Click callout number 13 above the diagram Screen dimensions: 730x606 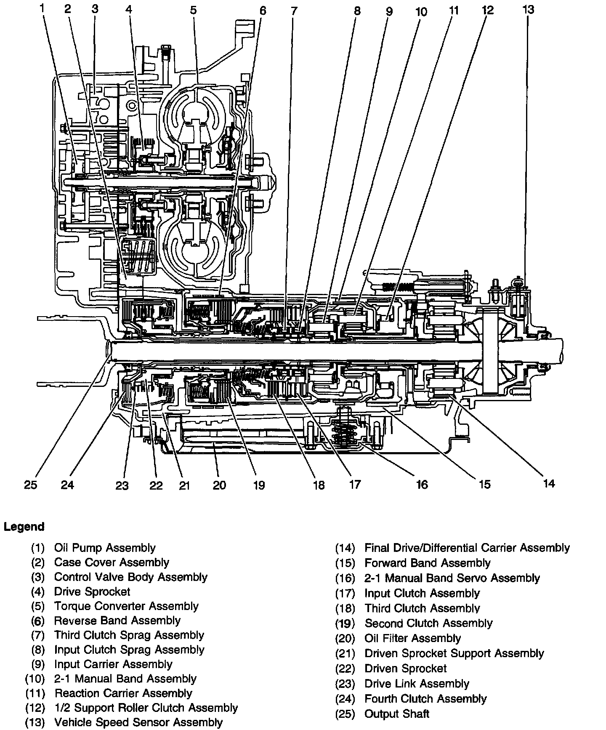tap(528, 9)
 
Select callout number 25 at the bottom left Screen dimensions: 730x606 tap(30, 485)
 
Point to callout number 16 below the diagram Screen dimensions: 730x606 tap(422, 485)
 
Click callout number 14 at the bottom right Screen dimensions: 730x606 tap(549, 483)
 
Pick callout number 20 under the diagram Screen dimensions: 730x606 tap(219, 485)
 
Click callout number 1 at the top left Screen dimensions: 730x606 tap(42, 7)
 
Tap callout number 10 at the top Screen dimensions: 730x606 tap(421, 11)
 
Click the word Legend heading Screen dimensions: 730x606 tap(24, 527)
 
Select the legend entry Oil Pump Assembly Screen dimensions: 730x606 tap(105, 548)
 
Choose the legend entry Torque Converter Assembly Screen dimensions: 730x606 tap(126, 606)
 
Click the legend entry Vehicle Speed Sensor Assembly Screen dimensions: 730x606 tap(138, 722)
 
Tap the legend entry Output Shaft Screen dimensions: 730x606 tap(397, 714)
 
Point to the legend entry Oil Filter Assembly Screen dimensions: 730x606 tap(412, 639)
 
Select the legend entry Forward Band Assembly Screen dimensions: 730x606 tap(428, 563)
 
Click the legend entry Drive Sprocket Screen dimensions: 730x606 tap(92, 591)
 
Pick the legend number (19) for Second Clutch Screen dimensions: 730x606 tap(345, 623)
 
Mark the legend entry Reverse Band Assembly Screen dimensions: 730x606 tap(117, 621)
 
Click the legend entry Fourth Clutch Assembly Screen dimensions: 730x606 tap(425, 699)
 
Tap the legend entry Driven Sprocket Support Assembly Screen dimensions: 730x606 tap(454, 653)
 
